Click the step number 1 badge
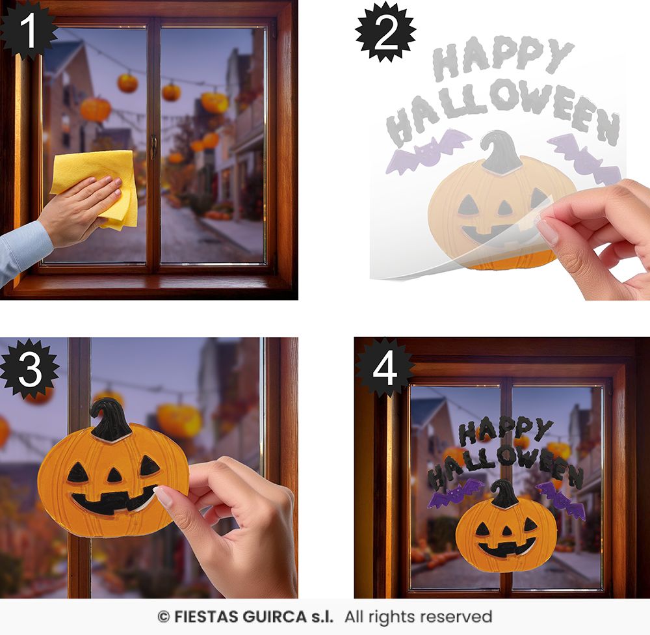coord(27,30)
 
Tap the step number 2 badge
coord(385,32)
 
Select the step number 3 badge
coord(29,368)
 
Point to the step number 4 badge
coord(385,368)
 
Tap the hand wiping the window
coord(79,208)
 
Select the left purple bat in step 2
coord(428,151)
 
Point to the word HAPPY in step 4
coord(505,431)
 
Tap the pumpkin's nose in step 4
coord(506,531)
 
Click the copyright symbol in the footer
coord(163,617)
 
